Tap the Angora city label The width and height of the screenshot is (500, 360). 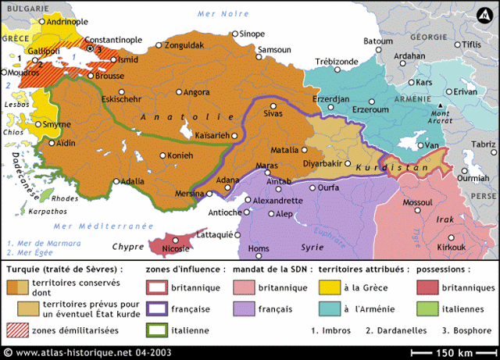coord(197,92)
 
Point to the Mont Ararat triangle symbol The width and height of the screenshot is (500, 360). coord(441,105)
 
